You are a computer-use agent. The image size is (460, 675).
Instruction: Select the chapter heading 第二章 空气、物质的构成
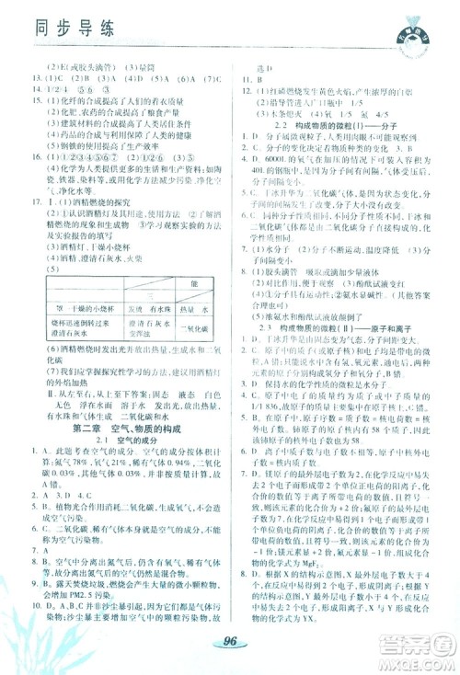pyautogui.click(x=121, y=429)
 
